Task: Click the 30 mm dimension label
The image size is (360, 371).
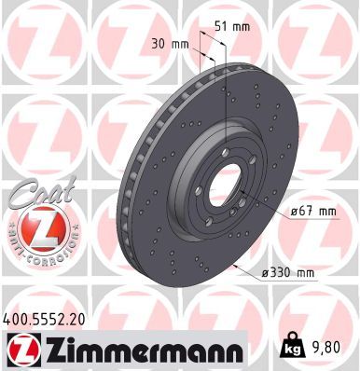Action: coord(169,45)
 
